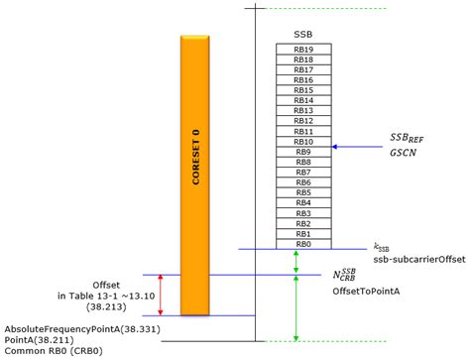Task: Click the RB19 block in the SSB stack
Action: [x=303, y=50]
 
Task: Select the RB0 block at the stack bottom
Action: [x=303, y=243]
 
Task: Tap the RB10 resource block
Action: [x=303, y=142]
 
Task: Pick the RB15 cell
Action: [x=303, y=90]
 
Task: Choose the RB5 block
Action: [x=303, y=192]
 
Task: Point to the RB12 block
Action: [x=303, y=121]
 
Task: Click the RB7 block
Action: [x=303, y=172]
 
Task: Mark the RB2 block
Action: [x=303, y=223]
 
